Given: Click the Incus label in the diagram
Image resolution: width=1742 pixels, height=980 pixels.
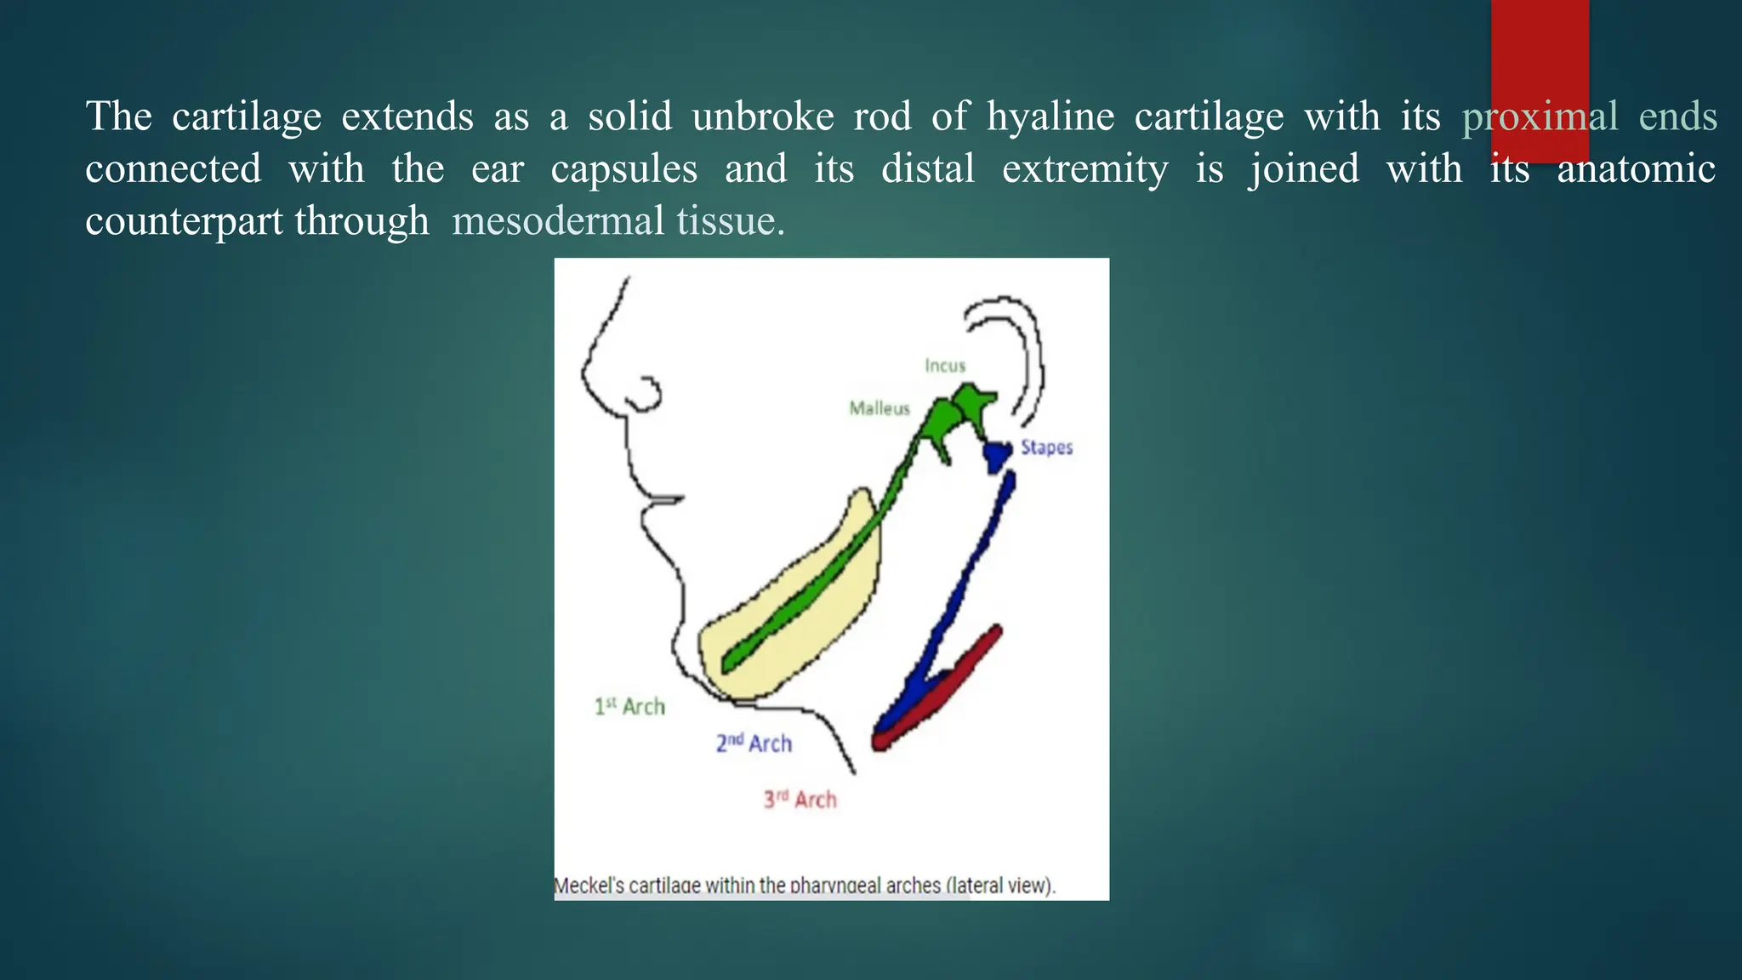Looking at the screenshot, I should pyautogui.click(x=945, y=366).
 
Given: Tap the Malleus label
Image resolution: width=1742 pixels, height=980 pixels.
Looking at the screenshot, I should pyautogui.click(x=880, y=408).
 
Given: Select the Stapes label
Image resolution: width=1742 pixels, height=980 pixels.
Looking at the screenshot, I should pyautogui.click(x=1046, y=447).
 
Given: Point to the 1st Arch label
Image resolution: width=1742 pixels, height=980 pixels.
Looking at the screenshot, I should pyautogui.click(x=629, y=707).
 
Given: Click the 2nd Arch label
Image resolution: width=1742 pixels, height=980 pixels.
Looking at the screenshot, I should pyautogui.click(x=754, y=744).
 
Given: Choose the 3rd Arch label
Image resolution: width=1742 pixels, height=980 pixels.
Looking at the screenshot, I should pyautogui.click(x=800, y=800).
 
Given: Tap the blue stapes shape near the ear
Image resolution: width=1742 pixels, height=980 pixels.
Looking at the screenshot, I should pyautogui.click(x=996, y=456).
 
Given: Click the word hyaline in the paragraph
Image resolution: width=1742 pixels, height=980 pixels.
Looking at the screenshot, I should pyautogui.click(x=1050, y=117).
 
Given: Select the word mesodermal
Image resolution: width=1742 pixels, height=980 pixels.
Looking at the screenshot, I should pyautogui.click(x=558, y=221).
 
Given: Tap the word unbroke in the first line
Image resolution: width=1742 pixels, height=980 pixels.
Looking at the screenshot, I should pyautogui.click(x=763, y=117).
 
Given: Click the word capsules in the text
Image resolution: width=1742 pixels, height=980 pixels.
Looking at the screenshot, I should pyautogui.click(x=623, y=169).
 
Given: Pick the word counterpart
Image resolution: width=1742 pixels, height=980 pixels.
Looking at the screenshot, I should pyautogui.click(x=184, y=221).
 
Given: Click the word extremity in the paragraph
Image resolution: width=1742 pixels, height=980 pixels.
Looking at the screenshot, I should pyautogui.click(x=1084, y=169).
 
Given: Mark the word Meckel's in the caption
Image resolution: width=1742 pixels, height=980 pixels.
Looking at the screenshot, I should pyautogui.click(x=589, y=886).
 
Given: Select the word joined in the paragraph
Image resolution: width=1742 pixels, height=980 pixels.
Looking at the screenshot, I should pyautogui.click(x=1303, y=169).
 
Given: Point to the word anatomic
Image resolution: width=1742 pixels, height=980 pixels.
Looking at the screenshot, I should pyautogui.click(x=1636, y=169).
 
